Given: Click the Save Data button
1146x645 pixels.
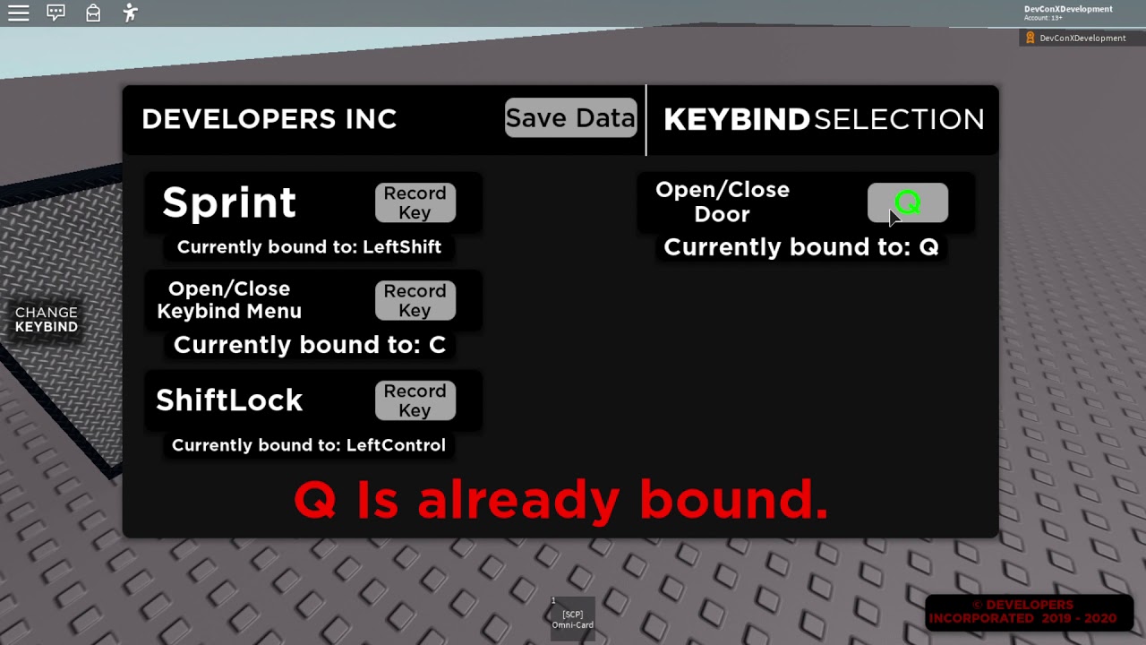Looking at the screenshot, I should (x=570, y=118).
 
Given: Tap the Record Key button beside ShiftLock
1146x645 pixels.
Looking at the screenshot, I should (x=415, y=400).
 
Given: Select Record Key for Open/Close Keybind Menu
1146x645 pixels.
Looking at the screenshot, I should (x=415, y=301).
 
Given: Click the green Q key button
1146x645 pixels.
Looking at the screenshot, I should (x=907, y=203).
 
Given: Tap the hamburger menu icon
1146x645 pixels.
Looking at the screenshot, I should (x=19, y=13).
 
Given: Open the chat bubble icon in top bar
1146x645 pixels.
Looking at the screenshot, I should (x=56, y=13).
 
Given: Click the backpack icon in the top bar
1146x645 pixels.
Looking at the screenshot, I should (x=93, y=13).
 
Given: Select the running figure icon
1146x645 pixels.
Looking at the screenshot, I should (x=131, y=13).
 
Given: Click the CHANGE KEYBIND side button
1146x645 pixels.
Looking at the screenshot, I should (x=47, y=320).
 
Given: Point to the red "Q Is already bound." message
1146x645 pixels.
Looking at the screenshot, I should (x=561, y=500).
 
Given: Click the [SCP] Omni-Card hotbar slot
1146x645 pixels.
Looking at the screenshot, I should (x=572, y=619).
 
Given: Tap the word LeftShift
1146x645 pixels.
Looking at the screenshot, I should (x=401, y=247).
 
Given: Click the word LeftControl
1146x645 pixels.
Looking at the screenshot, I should (x=396, y=445).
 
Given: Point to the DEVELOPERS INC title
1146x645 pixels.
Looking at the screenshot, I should (x=269, y=119).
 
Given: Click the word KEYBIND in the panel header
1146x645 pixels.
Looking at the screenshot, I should (x=736, y=120).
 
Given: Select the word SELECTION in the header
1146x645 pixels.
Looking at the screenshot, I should (x=899, y=120).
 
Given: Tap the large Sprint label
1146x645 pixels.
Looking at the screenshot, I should (x=229, y=203).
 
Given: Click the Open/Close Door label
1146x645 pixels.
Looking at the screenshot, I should (x=723, y=202).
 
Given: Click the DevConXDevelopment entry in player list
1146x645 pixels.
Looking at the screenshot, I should (x=1082, y=39).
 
